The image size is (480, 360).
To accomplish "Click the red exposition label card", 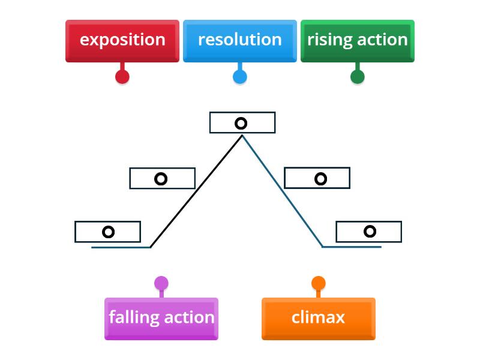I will click(x=122, y=40).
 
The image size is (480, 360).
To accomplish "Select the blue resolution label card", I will click(x=239, y=40).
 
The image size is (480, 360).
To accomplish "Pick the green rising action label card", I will click(x=357, y=40).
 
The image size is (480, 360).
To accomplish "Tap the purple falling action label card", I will click(x=161, y=318).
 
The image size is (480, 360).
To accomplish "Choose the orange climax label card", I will click(x=318, y=318).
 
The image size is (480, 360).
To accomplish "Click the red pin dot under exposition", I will click(x=122, y=77).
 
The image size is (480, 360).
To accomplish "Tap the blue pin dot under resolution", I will click(x=239, y=77).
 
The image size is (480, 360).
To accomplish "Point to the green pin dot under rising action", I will click(x=357, y=77).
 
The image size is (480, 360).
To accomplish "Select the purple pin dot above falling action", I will click(x=161, y=283).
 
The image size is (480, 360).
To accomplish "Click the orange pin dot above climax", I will click(x=318, y=283).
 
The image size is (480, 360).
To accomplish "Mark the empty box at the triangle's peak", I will click(x=242, y=122).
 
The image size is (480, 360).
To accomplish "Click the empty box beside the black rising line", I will click(x=162, y=178).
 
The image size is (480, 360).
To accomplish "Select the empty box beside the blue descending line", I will click(x=317, y=178).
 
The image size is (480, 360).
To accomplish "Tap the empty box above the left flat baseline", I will click(x=107, y=232).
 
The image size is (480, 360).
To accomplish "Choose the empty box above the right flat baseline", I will click(x=368, y=232).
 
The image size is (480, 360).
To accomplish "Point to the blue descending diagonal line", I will click(x=282, y=191).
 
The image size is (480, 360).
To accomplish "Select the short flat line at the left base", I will click(x=121, y=247).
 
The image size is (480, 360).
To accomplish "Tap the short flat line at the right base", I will click(x=352, y=247).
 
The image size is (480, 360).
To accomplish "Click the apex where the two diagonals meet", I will click(x=242, y=136).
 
